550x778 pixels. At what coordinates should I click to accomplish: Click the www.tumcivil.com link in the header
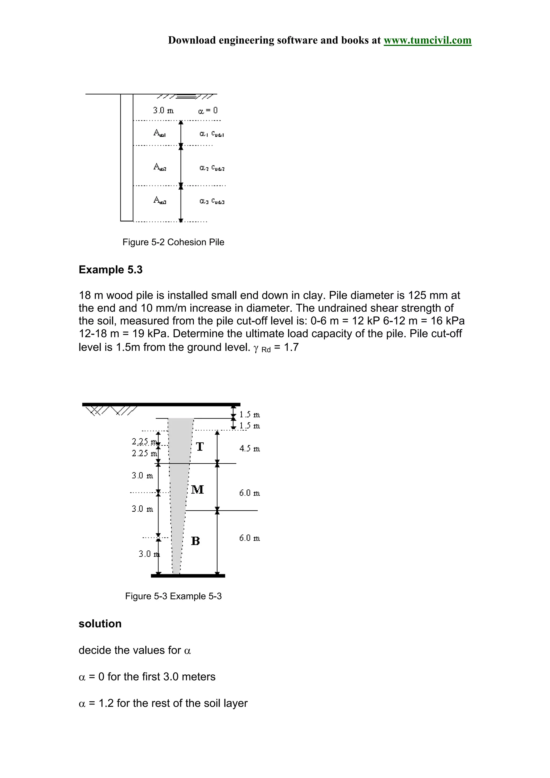427,40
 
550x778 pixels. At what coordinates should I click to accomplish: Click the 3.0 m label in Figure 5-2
163,110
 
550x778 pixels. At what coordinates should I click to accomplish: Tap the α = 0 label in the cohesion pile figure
208,110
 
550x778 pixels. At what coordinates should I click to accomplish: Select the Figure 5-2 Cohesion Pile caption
173,242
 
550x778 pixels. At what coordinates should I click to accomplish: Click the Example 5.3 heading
110,270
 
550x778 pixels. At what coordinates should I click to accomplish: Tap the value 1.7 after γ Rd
291,347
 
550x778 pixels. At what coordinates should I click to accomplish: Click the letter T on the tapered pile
200,447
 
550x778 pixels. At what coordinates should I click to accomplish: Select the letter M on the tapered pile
197,489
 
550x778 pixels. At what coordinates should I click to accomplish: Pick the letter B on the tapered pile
196,541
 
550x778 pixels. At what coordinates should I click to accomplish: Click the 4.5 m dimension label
249,449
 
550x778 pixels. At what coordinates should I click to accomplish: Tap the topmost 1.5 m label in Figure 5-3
249,415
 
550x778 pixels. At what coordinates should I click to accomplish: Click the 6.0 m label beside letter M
249,493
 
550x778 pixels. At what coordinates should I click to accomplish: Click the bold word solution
100,633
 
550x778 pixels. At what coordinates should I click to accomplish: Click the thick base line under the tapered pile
188,576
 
